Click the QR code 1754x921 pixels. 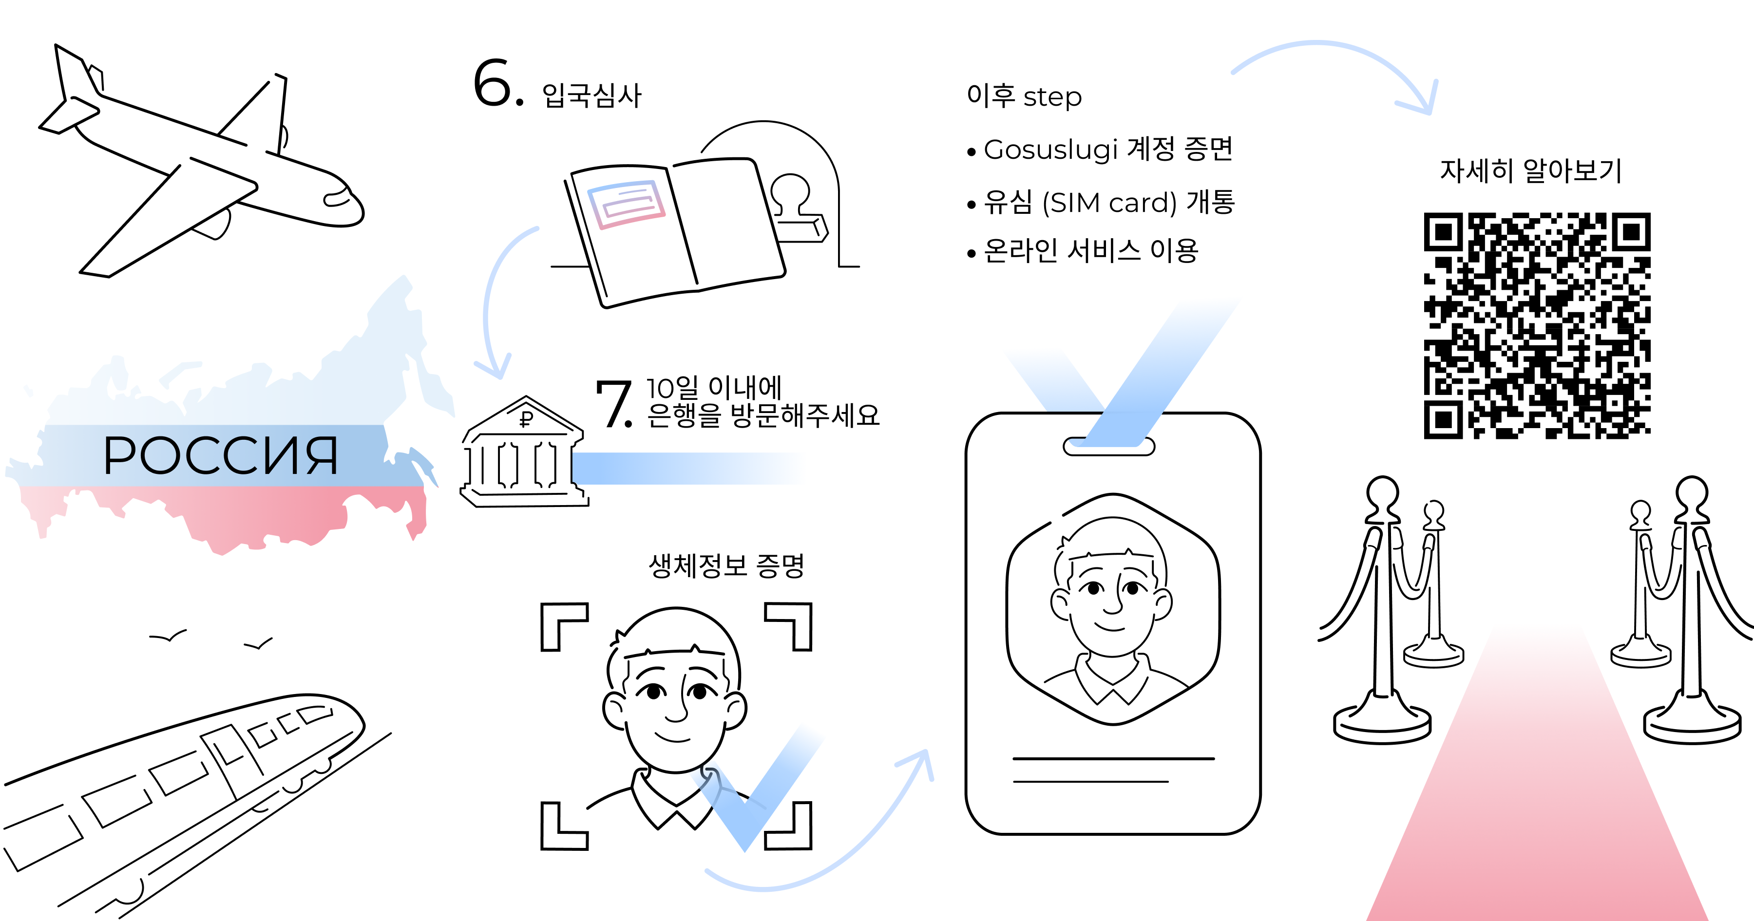[x=1537, y=325]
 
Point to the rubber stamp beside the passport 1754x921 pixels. [x=797, y=207]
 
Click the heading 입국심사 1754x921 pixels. [x=591, y=96]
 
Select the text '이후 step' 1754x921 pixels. [x=1023, y=96]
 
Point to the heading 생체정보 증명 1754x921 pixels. [x=726, y=565]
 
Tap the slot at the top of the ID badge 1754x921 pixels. [x=1108, y=447]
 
